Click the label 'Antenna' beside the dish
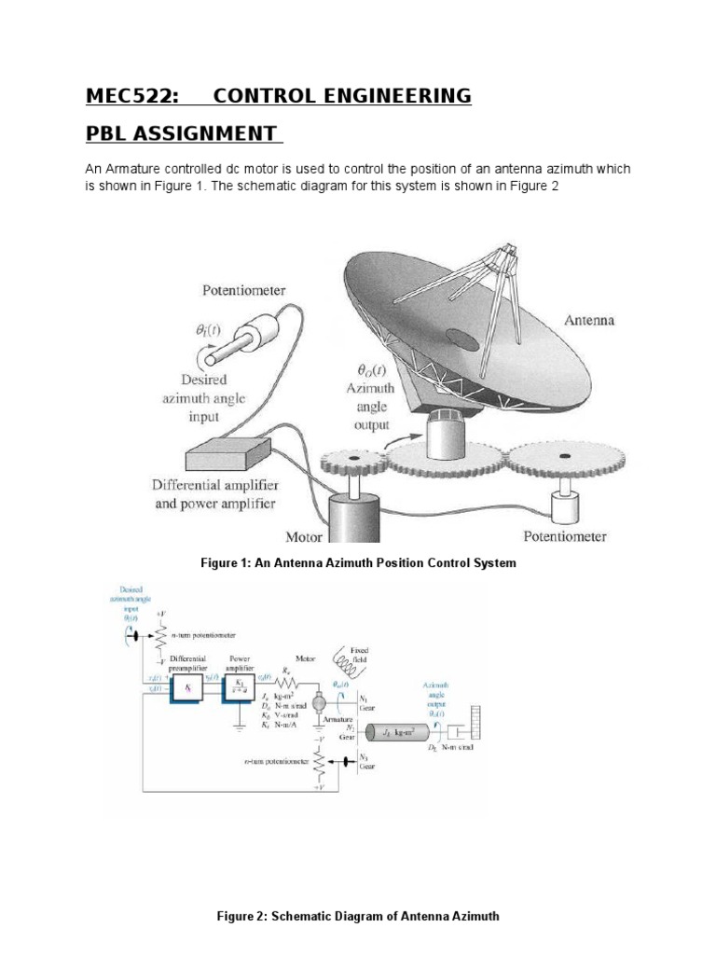point(589,319)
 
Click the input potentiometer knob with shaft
point(245,336)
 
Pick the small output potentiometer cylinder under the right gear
point(565,508)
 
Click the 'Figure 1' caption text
point(358,563)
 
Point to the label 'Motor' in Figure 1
point(303,537)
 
